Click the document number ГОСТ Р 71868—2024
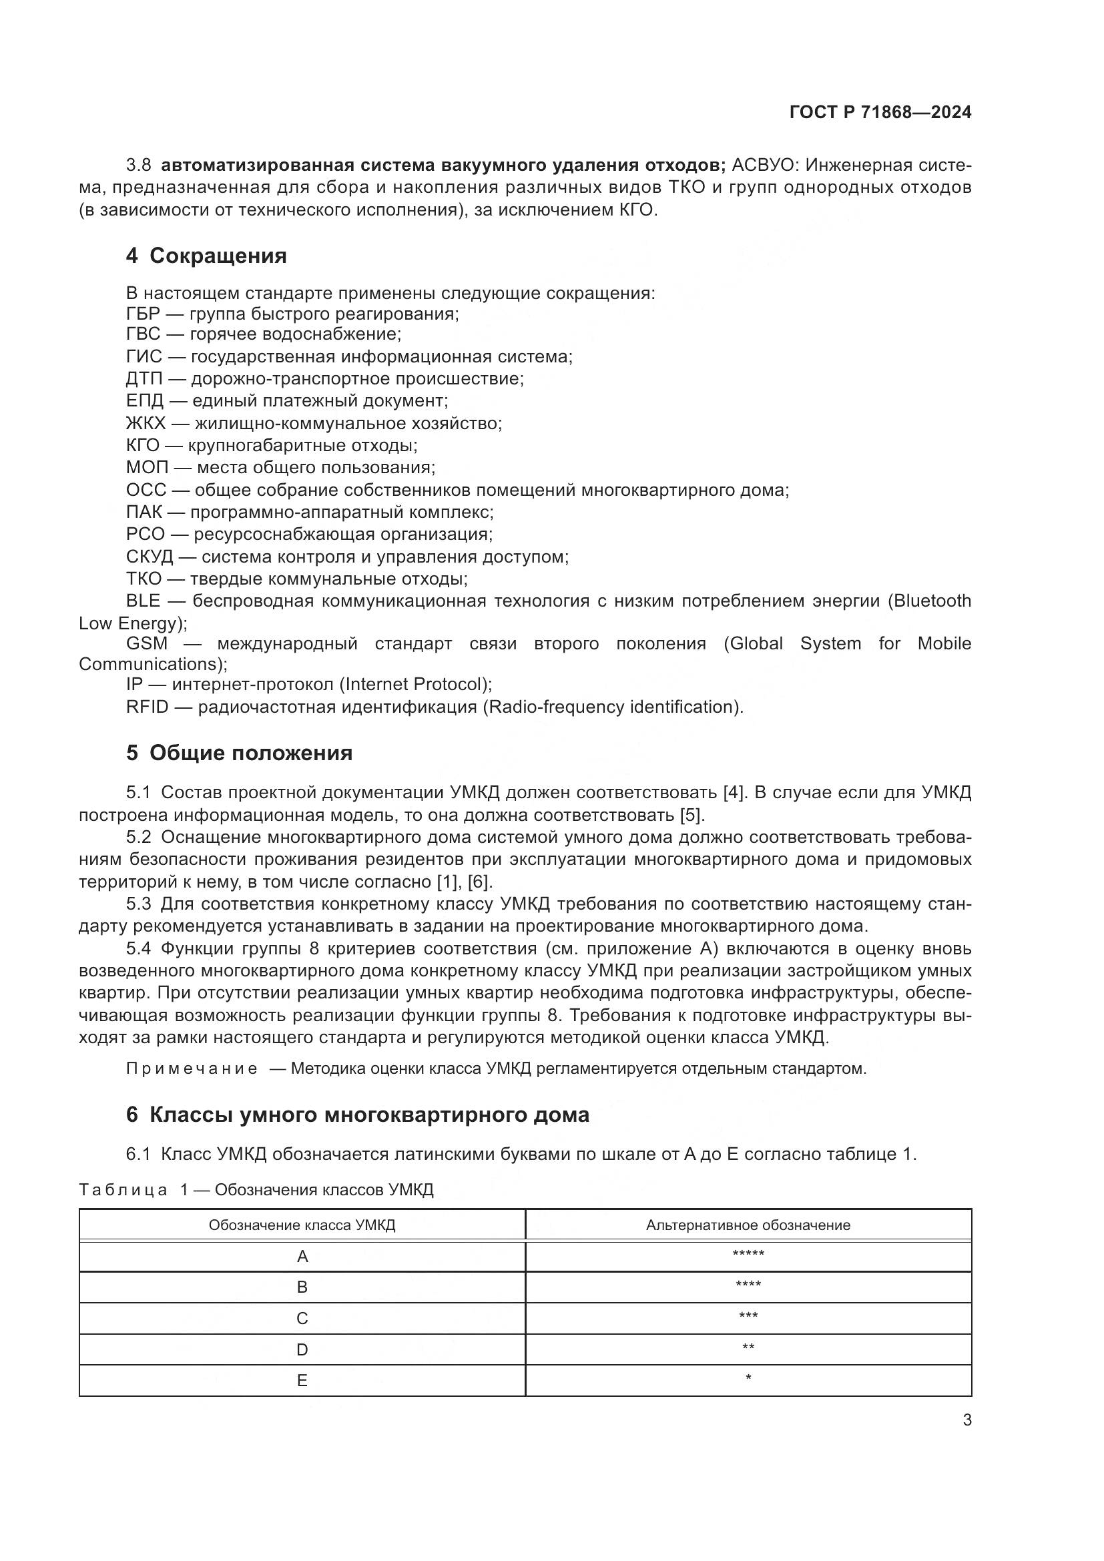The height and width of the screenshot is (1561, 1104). coord(880,113)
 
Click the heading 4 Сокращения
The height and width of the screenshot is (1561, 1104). coord(206,256)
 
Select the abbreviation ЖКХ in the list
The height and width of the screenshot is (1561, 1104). coord(146,424)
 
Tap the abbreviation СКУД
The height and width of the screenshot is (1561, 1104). coord(150,557)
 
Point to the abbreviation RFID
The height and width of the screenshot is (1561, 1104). coord(147,707)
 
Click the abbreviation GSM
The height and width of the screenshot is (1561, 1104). coord(147,643)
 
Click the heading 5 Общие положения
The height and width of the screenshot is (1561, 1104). coord(240,753)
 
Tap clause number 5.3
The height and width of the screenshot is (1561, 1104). coord(139,904)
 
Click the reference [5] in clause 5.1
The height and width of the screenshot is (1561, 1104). coord(692,814)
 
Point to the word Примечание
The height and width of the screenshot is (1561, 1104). coord(192,1068)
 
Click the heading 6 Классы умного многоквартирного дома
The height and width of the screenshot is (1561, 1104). coord(358,1115)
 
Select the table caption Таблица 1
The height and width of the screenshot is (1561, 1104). coord(133,1190)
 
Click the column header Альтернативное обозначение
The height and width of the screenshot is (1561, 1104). coord(748,1225)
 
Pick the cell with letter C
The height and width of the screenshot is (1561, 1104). coord(302,1318)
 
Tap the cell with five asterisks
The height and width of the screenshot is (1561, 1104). coord(748,1255)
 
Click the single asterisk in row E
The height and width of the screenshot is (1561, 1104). coord(748,1379)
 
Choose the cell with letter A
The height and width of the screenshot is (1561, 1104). coord(302,1257)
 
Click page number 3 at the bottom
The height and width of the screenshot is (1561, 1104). coord(967,1420)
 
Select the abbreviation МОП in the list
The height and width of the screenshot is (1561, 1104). coord(147,468)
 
